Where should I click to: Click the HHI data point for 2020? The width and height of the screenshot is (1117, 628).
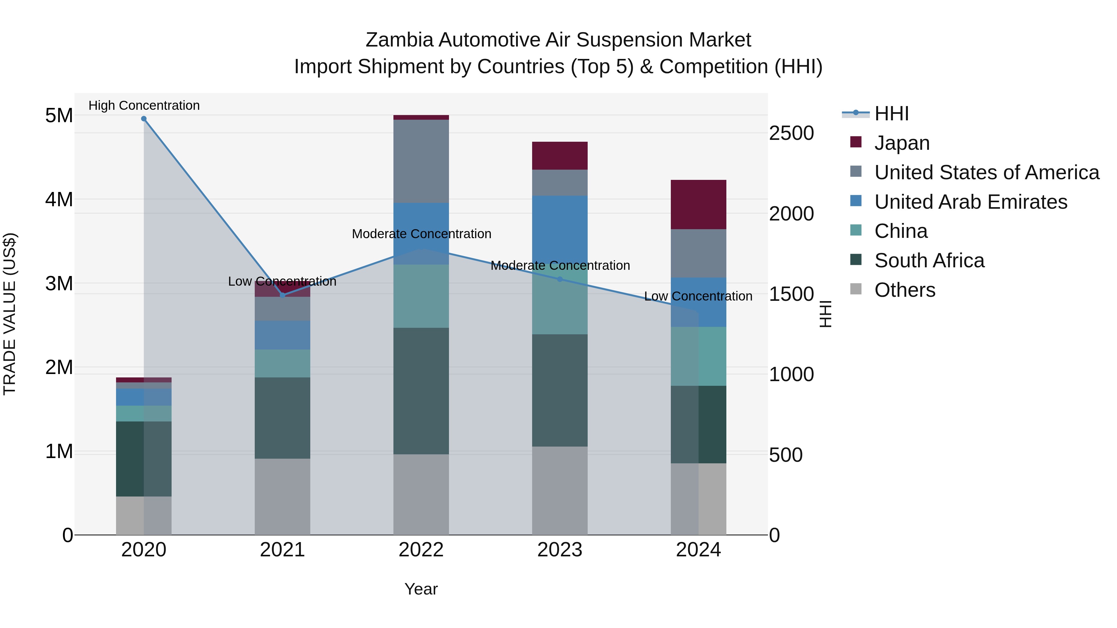point(144,119)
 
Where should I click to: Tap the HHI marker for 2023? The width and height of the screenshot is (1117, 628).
point(559,279)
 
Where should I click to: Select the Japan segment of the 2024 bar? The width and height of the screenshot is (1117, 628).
point(698,205)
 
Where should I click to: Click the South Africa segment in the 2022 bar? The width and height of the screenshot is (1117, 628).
point(421,391)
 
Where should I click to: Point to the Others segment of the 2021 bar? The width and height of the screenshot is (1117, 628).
point(282,497)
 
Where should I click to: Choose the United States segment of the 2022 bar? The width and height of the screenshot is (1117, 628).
point(421,161)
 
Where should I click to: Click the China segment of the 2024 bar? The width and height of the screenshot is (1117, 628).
point(698,356)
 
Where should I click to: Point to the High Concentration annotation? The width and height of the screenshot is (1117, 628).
point(144,105)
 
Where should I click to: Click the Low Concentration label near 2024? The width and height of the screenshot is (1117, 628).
point(698,296)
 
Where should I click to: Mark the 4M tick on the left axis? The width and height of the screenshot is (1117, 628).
point(59,199)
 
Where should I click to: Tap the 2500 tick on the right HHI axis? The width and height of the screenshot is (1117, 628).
point(791,133)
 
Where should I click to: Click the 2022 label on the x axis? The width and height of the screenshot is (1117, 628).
point(421,550)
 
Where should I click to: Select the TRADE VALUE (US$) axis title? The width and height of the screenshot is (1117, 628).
point(10,314)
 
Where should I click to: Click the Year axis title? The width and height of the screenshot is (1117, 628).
point(421,589)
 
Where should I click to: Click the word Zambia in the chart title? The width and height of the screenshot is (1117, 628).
point(399,40)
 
